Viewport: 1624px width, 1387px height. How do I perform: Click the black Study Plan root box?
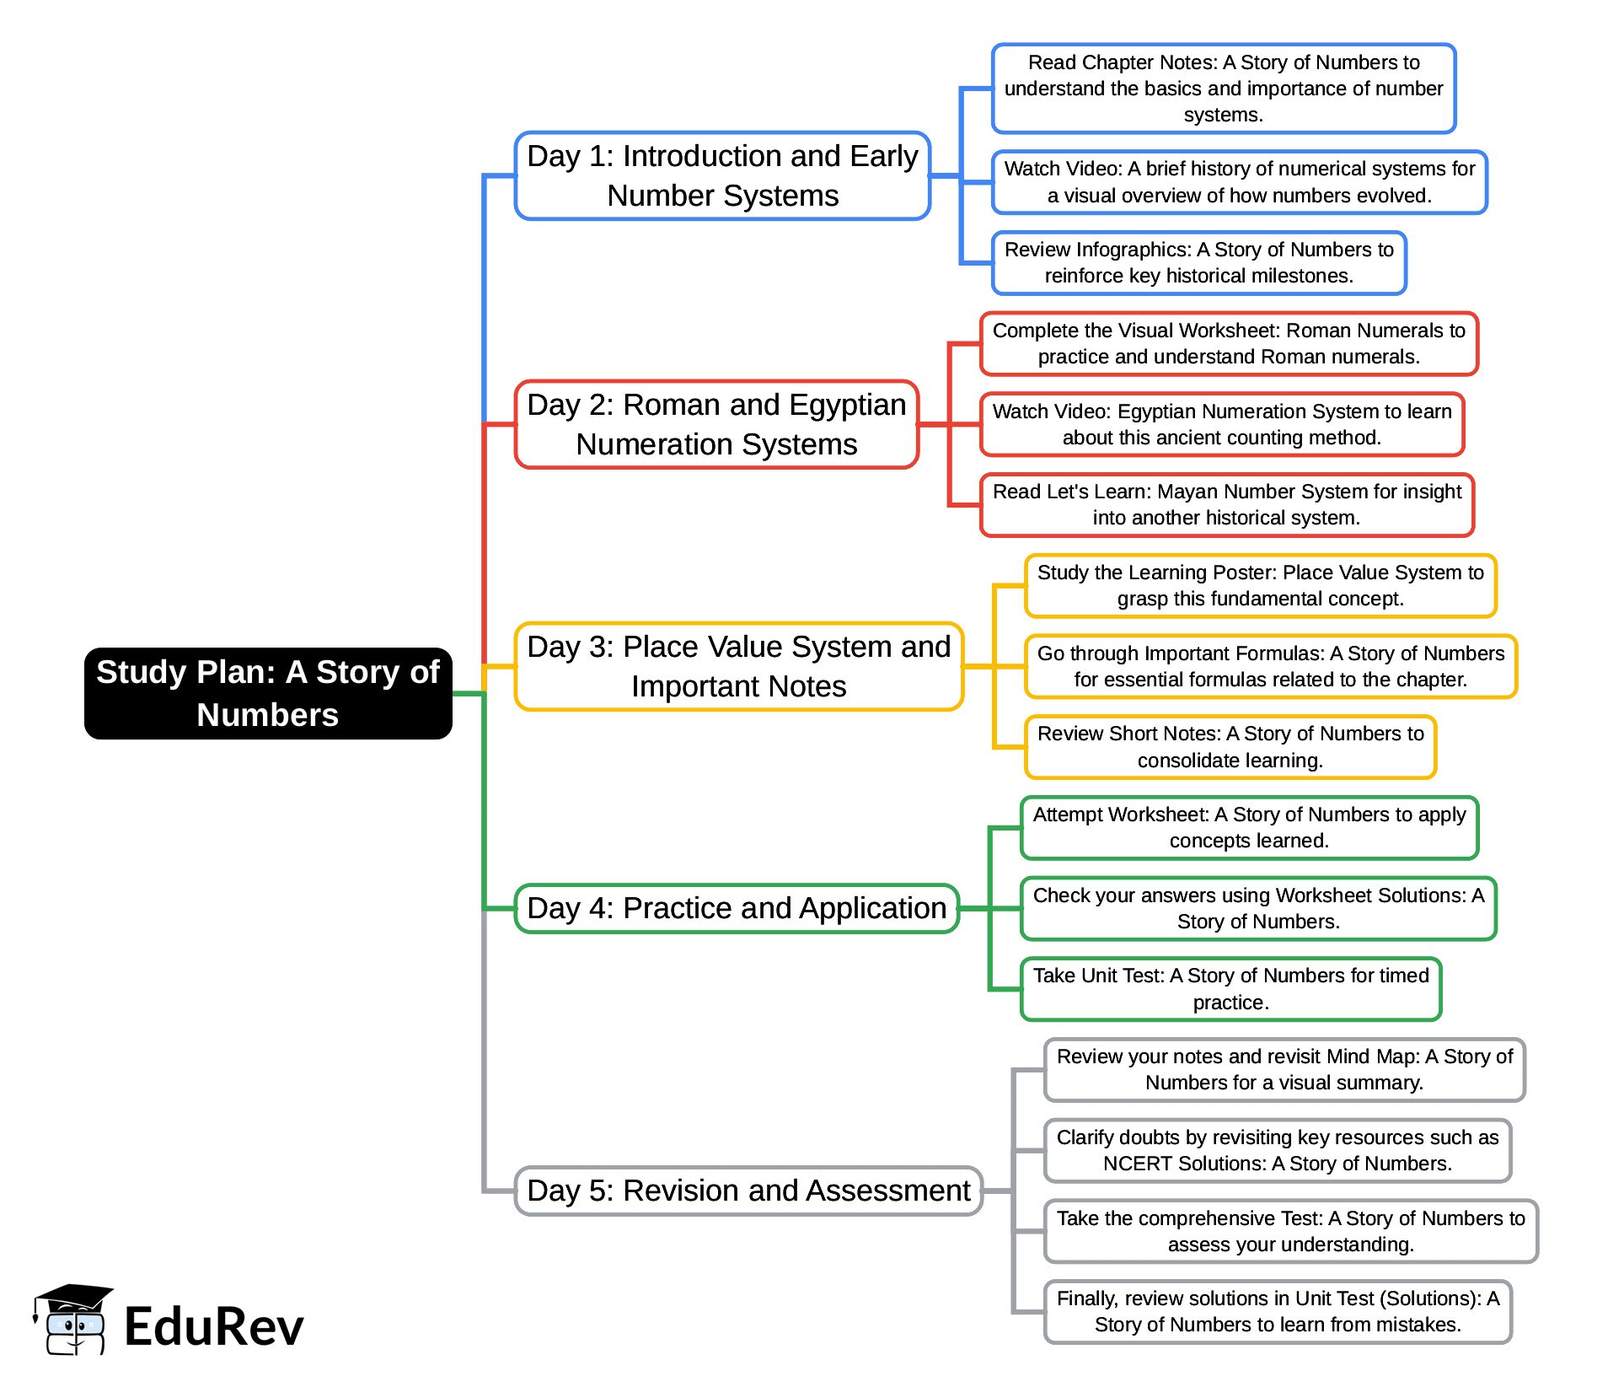(268, 693)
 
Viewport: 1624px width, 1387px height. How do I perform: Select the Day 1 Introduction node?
(722, 175)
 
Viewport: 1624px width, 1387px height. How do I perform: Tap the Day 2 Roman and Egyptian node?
(716, 424)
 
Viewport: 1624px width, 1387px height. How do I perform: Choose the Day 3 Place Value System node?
(738, 666)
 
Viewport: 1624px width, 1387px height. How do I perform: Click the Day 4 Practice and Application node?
(737, 908)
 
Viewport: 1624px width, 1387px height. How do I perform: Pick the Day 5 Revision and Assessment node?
(748, 1191)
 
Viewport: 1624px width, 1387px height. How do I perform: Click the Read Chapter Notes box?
(1223, 89)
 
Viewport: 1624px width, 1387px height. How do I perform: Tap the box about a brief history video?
(1239, 182)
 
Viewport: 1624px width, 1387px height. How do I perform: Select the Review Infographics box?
(1198, 263)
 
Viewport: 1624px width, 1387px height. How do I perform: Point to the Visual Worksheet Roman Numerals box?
(1228, 344)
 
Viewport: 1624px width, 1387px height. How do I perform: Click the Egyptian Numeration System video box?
(1221, 424)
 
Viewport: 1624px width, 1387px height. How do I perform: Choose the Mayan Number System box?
(1226, 505)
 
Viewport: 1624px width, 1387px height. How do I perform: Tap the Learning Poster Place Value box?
(1260, 586)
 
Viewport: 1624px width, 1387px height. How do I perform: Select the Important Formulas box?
(1270, 666)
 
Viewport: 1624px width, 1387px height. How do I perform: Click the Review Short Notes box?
(1230, 747)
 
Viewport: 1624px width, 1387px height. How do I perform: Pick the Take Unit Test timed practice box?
(1230, 989)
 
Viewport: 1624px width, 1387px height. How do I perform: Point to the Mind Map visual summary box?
(1284, 1070)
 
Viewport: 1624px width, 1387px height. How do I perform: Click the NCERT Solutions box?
(1277, 1151)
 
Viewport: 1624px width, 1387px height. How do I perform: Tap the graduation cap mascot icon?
(72, 1320)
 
